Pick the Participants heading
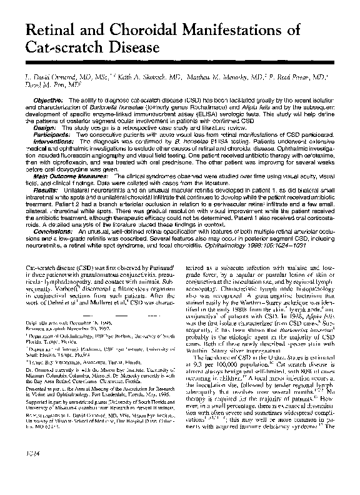click(52, 134)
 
